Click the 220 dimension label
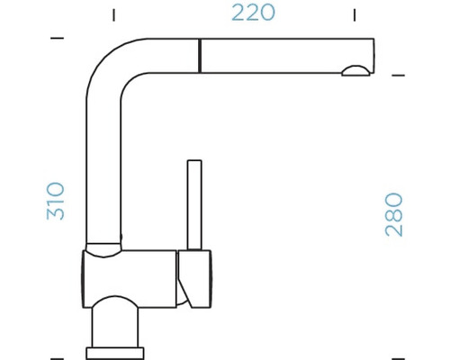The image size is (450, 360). pos(253,13)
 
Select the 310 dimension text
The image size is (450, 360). pos(56,200)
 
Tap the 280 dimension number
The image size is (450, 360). pos(394,214)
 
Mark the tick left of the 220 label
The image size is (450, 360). pos(114,14)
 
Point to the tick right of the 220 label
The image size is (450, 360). pos(355,14)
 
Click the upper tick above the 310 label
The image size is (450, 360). pos(58,39)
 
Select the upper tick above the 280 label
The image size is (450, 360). pos(395,76)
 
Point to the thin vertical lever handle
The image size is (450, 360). pos(193,205)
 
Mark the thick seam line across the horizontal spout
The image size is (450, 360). pos(198,55)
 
